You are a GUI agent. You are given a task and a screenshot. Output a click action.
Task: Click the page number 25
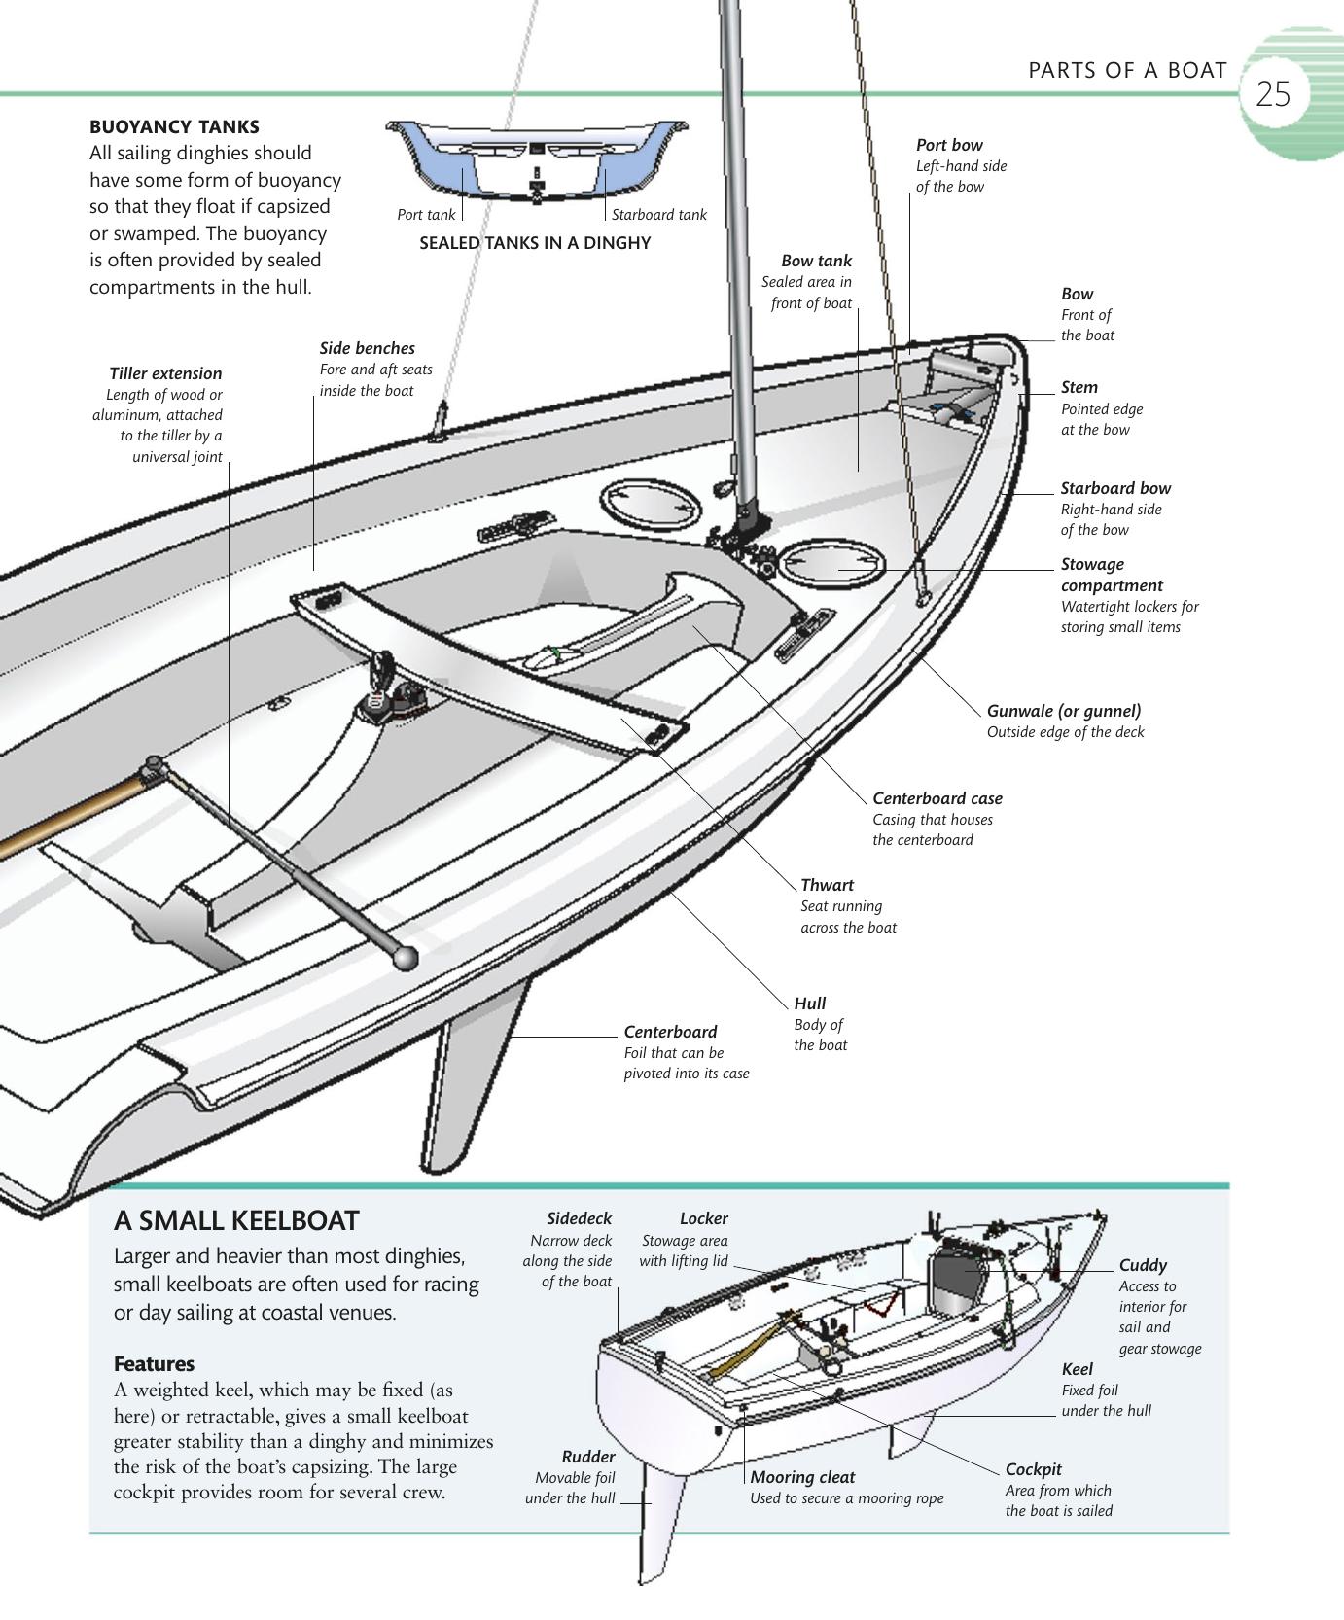[x=1272, y=94]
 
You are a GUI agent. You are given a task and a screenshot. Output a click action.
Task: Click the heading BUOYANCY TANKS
[x=174, y=126]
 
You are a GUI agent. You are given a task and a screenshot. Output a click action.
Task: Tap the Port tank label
[x=426, y=215]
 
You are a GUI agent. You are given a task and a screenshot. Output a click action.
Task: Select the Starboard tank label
[x=658, y=215]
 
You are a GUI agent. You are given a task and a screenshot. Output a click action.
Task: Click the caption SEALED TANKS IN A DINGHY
[x=535, y=243]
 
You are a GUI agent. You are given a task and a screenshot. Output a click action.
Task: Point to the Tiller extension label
[x=165, y=373]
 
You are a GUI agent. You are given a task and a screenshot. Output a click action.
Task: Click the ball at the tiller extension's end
[x=406, y=958]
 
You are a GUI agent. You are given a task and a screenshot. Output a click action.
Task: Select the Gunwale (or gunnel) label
[x=1064, y=711]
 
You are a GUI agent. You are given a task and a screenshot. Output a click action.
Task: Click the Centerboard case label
[x=937, y=798]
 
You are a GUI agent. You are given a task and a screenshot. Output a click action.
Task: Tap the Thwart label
[x=827, y=885]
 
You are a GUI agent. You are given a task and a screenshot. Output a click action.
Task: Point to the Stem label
[x=1079, y=387]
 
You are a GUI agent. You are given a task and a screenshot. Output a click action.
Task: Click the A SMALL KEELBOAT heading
[x=236, y=1221]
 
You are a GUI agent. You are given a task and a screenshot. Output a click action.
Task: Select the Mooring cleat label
[x=802, y=1477]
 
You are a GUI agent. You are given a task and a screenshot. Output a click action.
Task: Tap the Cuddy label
[x=1142, y=1265]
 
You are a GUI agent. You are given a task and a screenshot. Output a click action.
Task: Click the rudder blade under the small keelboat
[x=657, y=1517]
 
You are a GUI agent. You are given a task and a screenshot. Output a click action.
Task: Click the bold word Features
[x=154, y=1363]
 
